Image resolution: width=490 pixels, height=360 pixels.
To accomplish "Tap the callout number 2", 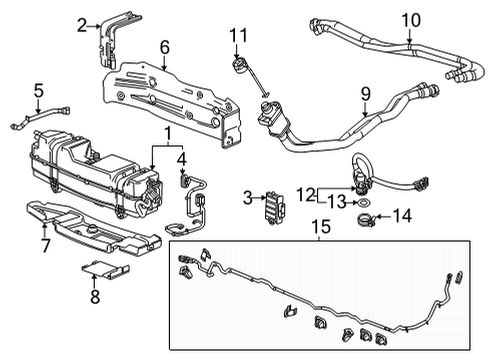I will (x=82, y=26).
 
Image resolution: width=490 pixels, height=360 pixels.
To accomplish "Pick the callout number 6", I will (x=164, y=46).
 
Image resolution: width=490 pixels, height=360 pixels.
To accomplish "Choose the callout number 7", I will (x=44, y=244).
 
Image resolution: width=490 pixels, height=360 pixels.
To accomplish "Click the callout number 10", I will (x=411, y=19).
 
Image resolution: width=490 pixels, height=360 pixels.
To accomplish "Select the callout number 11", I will (x=237, y=37).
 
